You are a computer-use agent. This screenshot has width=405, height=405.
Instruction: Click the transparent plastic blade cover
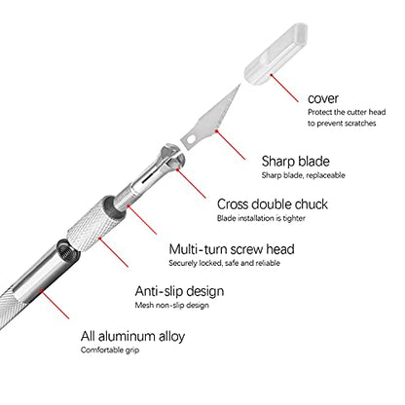pyautogui.click(x=276, y=55)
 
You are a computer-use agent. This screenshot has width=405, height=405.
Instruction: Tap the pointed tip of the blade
pyautogui.click(x=240, y=85)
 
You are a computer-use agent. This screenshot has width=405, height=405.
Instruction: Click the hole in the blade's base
pyautogui.click(x=191, y=139)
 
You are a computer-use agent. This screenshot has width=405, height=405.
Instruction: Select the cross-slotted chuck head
pyautogui.click(x=171, y=155)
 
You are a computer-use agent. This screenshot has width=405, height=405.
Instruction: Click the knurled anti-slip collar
pyautogui.click(x=93, y=224)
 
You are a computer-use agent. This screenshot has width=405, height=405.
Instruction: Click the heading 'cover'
pyautogui.click(x=323, y=98)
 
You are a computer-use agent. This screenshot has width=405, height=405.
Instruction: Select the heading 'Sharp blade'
pyautogui.click(x=296, y=161)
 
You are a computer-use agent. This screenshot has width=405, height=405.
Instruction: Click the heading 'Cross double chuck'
pyautogui.click(x=273, y=204)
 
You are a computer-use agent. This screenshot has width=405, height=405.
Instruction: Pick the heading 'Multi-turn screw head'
pyautogui.click(x=232, y=249)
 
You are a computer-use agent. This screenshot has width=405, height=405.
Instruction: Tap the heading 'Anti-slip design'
pyautogui.click(x=179, y=291)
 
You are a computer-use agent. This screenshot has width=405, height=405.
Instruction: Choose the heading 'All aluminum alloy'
pyautogui.click(x=132, y=336)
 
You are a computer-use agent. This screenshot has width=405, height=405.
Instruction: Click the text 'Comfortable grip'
pyautogui.click(x=110, y=350)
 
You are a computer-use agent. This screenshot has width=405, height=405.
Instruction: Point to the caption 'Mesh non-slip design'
pyautogui.click(x=171, y=305)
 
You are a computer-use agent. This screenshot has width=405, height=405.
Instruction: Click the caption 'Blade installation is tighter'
pyautogui.click(x=261, y=218)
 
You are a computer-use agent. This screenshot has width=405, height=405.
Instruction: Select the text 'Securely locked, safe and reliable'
pyautogui.click(x=224, y=263)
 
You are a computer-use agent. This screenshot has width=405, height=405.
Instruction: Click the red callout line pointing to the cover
pyautogui.click(x=284, y=88)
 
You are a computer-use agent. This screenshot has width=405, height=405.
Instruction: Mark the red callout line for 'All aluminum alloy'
pyautogui.click(x=55, y=305)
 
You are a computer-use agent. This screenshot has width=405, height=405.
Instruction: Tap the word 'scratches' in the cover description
pyautogui.click(x=360, y=124)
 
